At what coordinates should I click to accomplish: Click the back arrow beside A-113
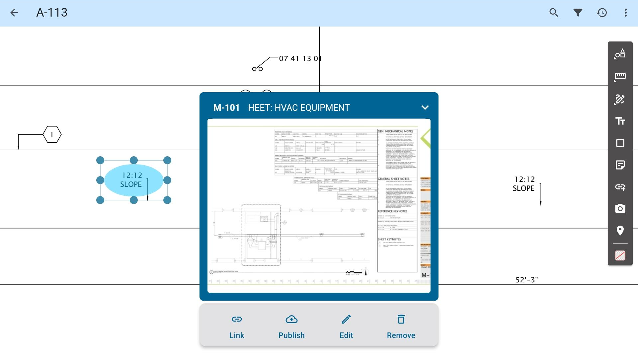[14, 13]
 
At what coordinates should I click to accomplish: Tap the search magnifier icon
[553, 13]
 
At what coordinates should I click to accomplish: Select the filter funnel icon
[578, 13]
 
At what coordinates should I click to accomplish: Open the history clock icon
[601, 13]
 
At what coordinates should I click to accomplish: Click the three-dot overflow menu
[625, 13]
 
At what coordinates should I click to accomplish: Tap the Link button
[237, 326]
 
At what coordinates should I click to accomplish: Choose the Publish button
[291, 326]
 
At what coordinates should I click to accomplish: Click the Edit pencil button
[346, 326]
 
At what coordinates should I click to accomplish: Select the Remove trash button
[401, 326]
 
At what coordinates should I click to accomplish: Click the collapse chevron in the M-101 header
[425, 108]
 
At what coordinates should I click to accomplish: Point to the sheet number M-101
[226, 108]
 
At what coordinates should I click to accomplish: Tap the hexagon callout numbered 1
[52, 134]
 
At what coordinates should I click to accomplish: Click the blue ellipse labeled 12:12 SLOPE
[133, 180]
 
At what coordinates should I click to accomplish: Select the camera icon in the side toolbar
[620, 208]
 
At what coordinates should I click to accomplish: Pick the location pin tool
[620, 230]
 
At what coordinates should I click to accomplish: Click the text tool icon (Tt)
[620, 121]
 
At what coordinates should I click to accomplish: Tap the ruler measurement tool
[620, 77]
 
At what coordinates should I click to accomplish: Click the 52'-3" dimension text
[526, 280]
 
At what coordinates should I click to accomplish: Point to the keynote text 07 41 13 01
[300, 59]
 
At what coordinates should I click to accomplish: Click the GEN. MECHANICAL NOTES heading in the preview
[395, 131]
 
